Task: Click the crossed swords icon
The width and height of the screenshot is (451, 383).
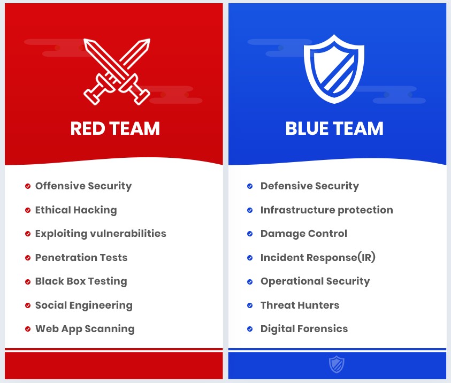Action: pos(117,72)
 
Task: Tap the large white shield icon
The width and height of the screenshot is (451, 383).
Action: pos(334,69)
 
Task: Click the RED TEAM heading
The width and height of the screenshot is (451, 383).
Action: pos(115,128)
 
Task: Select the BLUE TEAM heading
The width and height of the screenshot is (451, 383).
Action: pos(334,128)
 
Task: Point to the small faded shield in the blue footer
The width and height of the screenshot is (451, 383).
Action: pos(337,364)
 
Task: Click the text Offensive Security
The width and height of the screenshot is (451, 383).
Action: pos(83,186)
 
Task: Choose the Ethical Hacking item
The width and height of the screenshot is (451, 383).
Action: pos(76,210)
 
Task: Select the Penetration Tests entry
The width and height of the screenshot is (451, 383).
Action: pos(81,257)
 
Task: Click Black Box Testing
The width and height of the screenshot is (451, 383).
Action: pos(81,281)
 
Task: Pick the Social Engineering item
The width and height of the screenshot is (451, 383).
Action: pos(83,305)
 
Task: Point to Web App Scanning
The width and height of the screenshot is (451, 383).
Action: pos(85,329)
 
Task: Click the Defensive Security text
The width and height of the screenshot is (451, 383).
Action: pos(310,186)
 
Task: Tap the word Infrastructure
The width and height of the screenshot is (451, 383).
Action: pos(297,210)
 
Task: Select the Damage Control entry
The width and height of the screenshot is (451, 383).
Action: pos(304,233)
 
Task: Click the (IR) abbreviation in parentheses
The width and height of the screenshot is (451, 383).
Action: pos(366,257)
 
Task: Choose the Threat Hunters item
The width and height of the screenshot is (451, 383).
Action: pos(300,305)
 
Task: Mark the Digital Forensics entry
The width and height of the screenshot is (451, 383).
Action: pos(304,328)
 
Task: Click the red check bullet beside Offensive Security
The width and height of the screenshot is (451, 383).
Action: pos(28,186)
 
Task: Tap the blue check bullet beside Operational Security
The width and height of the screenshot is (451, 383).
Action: pos(250,281)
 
